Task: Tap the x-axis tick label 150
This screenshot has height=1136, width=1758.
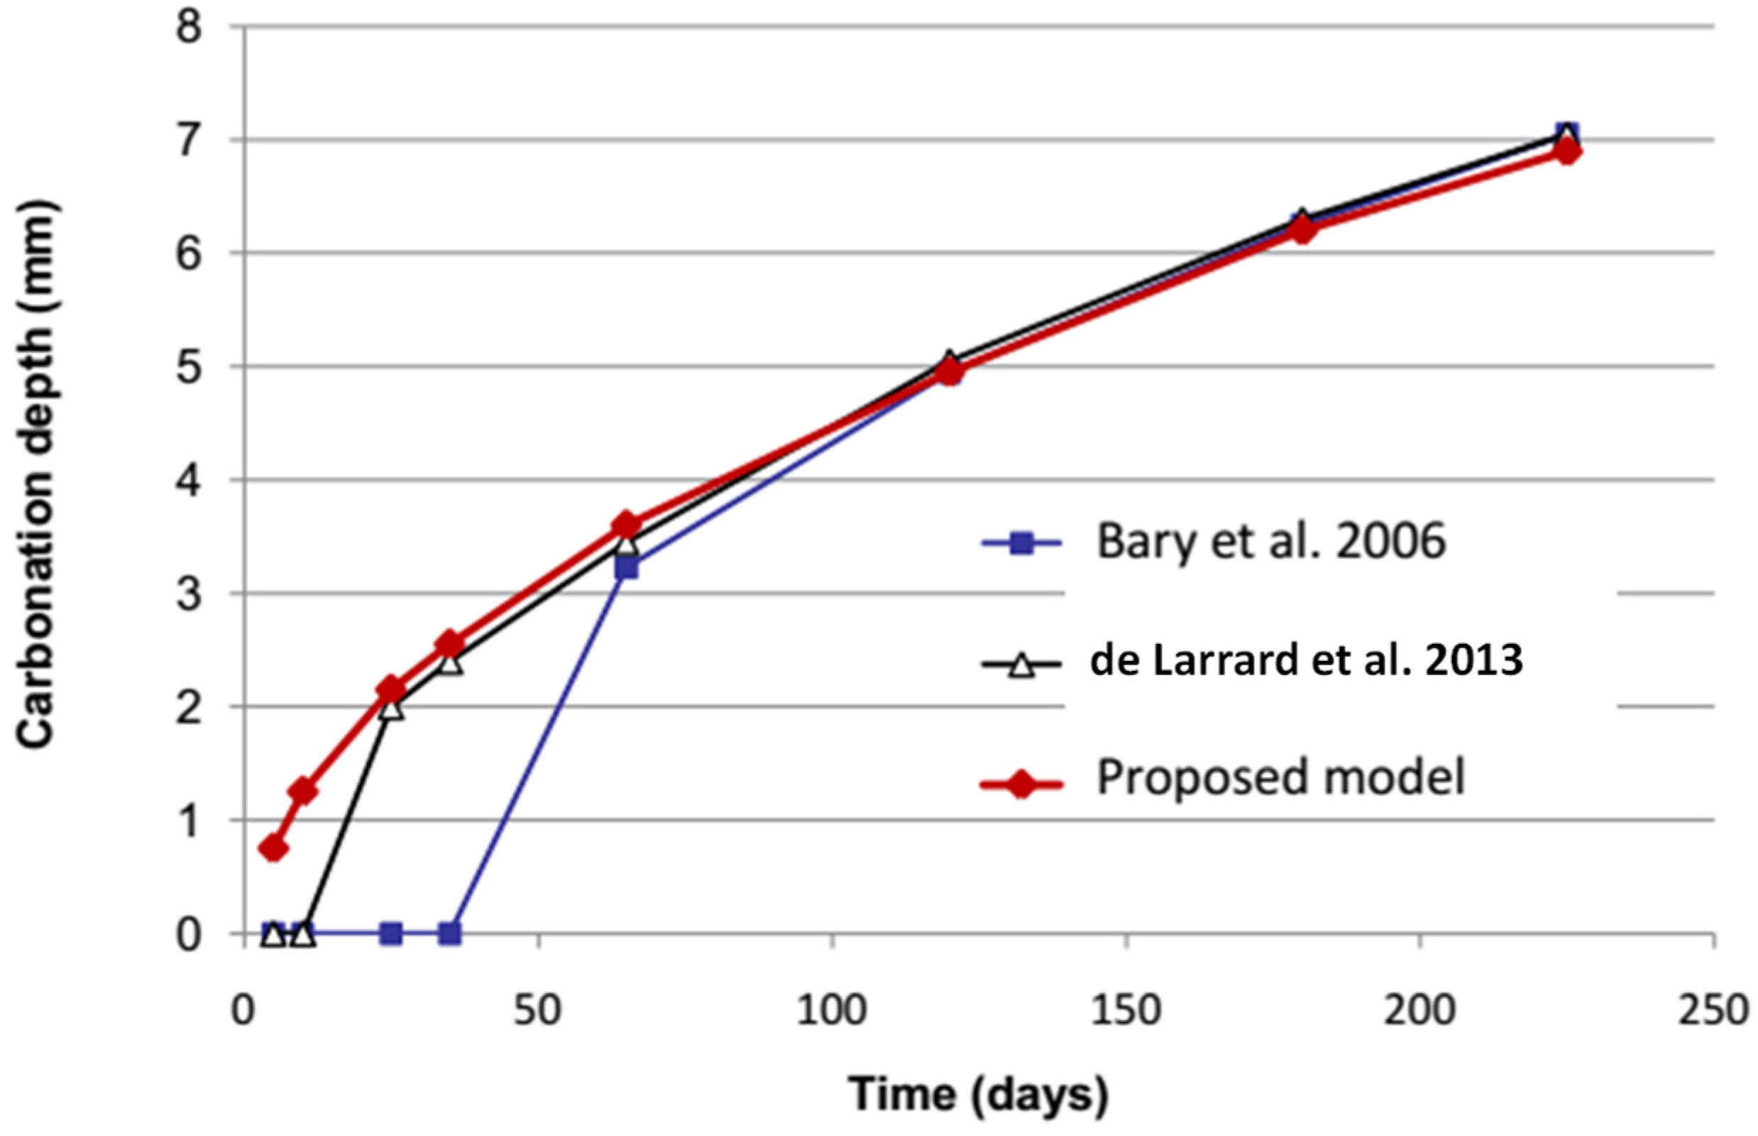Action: (1126, 1010)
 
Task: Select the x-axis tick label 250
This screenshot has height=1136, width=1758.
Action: (1713, 1010)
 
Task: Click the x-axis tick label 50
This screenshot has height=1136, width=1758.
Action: (537, 1010)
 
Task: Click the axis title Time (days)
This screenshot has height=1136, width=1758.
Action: (979, 1093)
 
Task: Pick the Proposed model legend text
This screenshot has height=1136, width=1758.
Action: (1280, 777)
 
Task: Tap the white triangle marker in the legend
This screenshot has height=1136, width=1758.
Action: (1021, 667)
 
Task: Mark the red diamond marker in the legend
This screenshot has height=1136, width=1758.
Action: (1021, 785)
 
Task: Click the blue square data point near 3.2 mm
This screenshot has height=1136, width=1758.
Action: (627, 568)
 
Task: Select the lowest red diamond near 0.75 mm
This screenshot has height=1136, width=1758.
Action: (273, 849)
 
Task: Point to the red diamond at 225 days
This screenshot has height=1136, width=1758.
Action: (1567, 152)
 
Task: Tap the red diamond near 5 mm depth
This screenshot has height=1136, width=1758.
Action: (950, 373)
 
